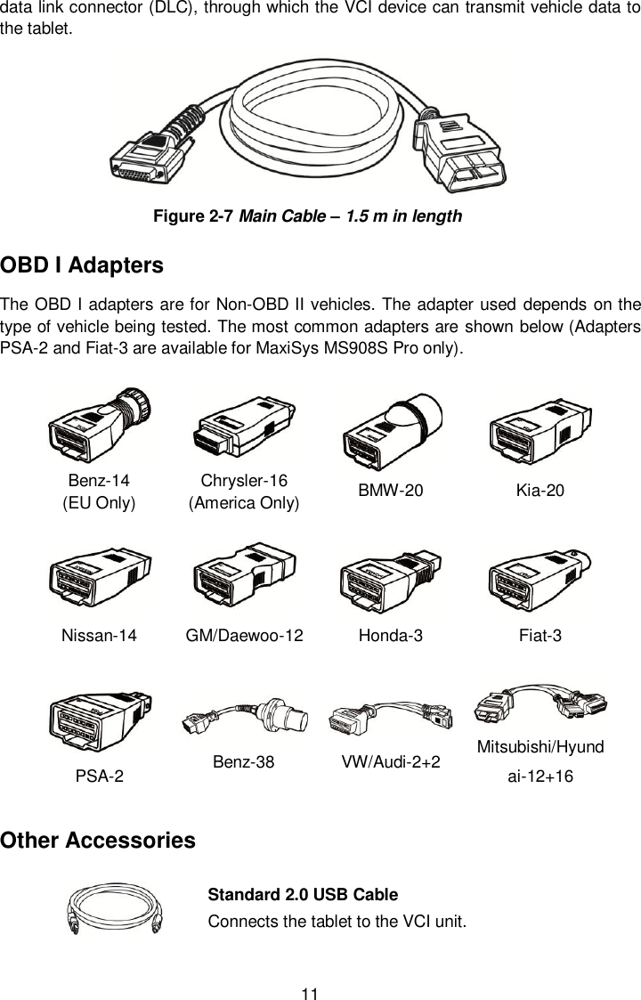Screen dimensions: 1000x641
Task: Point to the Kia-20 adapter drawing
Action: click(x=541, y=430)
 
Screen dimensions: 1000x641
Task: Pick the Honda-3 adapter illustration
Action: click(x=392, y=579)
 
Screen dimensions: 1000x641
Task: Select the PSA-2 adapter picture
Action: click(x=100, y=725)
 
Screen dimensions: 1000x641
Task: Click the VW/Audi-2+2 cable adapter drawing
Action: click(x=391, y=714)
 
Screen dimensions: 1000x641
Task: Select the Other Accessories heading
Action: click(x=98, y=841)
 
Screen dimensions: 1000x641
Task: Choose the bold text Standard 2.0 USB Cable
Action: click(x=302, y=894)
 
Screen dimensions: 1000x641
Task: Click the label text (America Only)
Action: click(x=244, y=502)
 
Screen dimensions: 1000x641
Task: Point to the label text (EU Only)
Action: click(x=98, y=502)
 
